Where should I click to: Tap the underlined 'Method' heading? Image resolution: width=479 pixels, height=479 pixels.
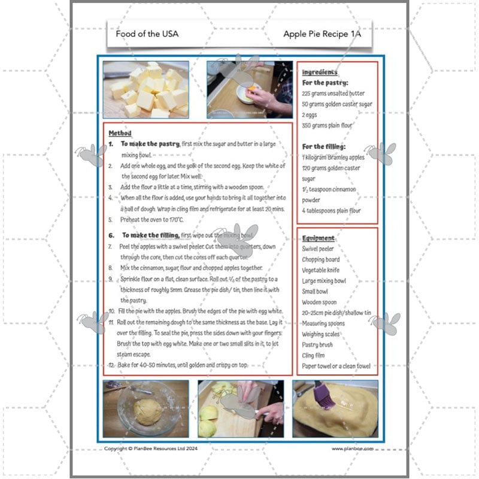click(120, 133)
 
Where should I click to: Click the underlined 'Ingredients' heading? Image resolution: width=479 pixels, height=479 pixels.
click(320, 72)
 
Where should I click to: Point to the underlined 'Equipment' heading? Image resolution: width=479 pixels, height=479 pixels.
click(318, 238)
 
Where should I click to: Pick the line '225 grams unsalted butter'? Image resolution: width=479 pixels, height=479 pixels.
click(334, 93)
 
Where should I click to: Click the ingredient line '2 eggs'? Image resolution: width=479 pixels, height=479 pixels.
click(311, 114)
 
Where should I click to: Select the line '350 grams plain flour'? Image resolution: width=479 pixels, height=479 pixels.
click(327, 125)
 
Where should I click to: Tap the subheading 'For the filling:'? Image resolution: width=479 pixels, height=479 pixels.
click(324, 147)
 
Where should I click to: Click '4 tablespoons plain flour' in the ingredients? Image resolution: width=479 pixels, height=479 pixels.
click(331, 211)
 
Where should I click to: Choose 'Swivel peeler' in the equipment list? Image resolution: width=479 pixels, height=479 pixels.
click(318, 248)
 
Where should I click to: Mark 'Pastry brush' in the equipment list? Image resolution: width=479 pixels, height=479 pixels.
click(317, 345)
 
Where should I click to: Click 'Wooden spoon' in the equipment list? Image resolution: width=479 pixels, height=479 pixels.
click(319, 302)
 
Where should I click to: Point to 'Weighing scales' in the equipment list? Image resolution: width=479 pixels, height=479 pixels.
click(322, 334)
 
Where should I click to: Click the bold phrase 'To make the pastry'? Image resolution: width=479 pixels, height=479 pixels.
click(150, 144)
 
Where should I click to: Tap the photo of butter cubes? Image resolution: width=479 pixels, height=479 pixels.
click(145, 89)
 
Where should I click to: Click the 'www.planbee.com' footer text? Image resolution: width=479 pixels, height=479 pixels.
click(353, 448)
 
